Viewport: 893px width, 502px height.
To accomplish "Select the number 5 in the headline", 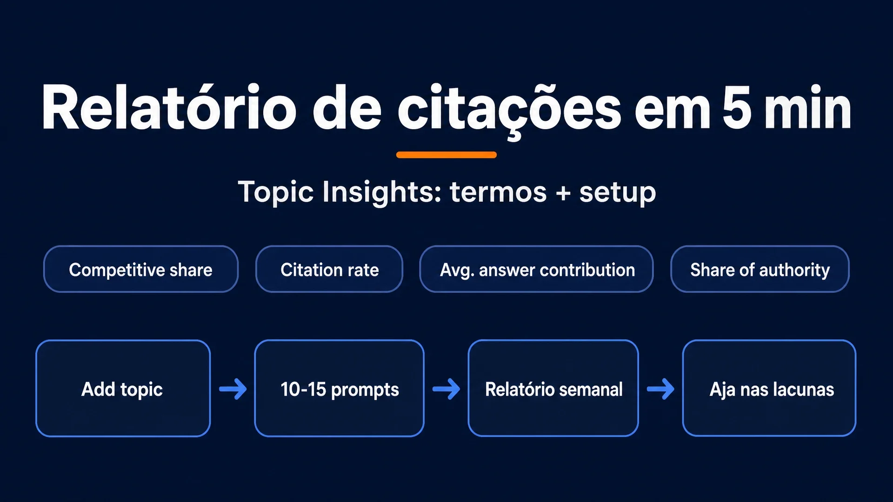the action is [x=737, y=107].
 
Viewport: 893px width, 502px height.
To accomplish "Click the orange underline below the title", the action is [x=446, y=155].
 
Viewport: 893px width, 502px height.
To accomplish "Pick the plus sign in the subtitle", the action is [x=563, y=192].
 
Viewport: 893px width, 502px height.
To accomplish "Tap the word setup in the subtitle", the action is [x=618, y=192].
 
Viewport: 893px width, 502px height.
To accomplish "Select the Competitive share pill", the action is [x=141, y=269].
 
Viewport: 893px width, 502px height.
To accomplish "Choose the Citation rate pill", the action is [x=329, y=269].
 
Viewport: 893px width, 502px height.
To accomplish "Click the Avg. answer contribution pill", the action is [x=537, y=269].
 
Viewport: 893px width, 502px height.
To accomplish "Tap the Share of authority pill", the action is [x=760, y=269].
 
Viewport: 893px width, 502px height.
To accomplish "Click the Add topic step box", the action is [x=123, y=389].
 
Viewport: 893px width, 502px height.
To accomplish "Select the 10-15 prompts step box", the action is [x=340, y=389].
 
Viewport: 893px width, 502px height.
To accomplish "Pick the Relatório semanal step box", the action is [x=553, y=389].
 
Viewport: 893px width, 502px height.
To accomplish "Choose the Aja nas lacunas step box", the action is [x=769, y=389].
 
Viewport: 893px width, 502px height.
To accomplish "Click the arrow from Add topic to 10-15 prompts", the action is [x=233, y=389].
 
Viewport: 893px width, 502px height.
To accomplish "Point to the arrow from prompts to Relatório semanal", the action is [x=446, y=389].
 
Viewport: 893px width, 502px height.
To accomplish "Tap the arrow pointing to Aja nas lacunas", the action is [x=660, y=389].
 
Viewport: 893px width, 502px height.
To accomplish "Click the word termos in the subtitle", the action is [x=498, y=192].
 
